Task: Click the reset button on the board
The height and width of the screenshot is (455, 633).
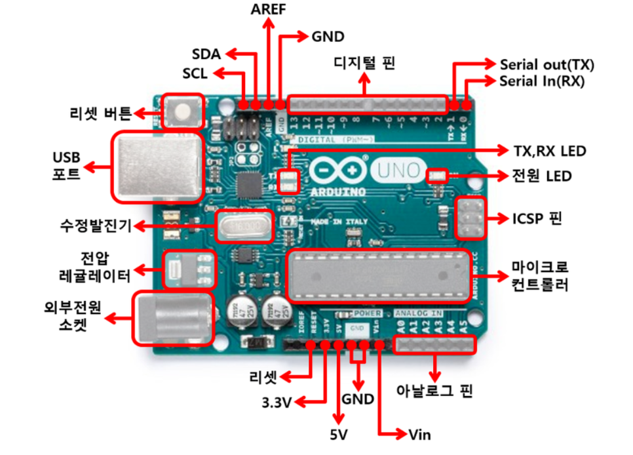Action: (183, 111)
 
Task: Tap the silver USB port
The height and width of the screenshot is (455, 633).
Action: (157, 165)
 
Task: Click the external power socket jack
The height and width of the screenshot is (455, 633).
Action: (172, 319)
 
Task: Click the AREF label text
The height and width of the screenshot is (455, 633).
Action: (269, 9)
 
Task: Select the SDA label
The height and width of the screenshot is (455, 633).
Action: (206, 54)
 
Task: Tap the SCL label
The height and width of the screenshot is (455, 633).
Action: (195, 73)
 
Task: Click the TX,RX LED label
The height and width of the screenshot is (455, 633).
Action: (549, 151)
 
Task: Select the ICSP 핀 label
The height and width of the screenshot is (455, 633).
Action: (537, 218)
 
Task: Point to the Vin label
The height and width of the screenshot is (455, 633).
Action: (419, 435)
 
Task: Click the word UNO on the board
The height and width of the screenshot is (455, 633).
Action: (396, 170)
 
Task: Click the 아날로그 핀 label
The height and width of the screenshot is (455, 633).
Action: (434, 391)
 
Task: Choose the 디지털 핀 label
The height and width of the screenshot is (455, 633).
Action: (365, 64)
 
